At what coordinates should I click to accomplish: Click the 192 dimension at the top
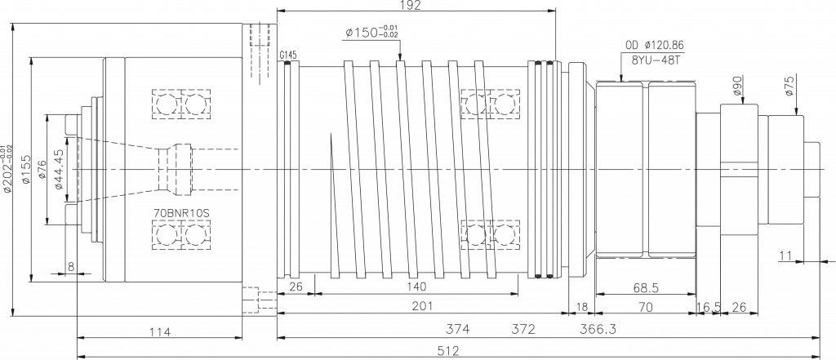(411, 6)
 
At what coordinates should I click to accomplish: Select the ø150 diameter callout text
(371, 32)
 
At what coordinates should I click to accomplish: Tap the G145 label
(288, 55)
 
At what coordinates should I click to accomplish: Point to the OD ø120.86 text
(655, 46)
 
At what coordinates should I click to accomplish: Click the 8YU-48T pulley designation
(655, 60)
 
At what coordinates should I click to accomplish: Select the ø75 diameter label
(789, 86)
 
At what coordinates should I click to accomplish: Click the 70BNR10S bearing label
(181, 212)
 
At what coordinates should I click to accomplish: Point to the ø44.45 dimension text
(59, 169)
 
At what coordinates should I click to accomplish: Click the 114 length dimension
(159, 332)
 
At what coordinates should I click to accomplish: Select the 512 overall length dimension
(448, 351)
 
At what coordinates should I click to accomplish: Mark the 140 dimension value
(416, 287)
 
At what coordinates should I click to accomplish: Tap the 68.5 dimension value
(645, 288)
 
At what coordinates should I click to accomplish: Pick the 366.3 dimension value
(598, 329)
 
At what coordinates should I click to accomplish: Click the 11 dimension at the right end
(785, 256)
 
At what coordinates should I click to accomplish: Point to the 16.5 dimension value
(709, 307)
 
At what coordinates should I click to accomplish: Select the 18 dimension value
(581, 307)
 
